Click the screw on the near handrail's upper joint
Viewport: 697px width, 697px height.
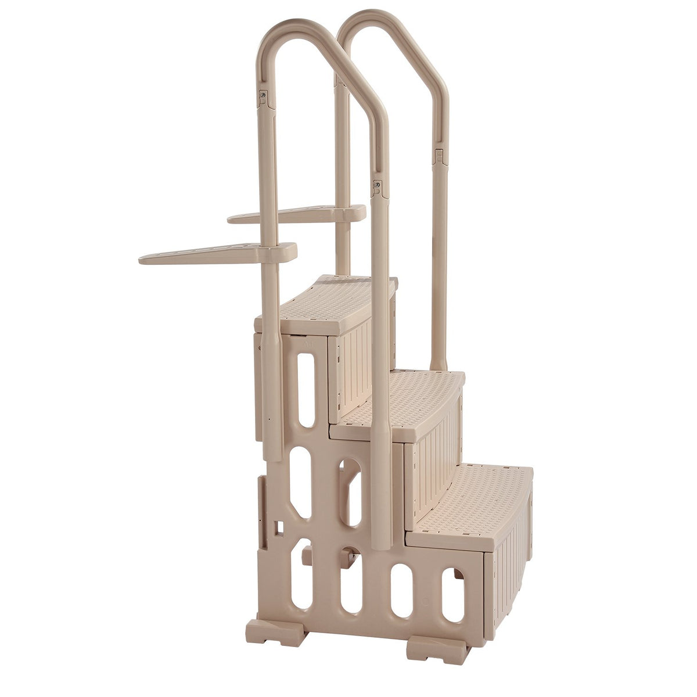263,94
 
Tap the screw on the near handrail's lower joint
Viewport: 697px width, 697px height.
378,184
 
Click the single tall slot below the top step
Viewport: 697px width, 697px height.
306,390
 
